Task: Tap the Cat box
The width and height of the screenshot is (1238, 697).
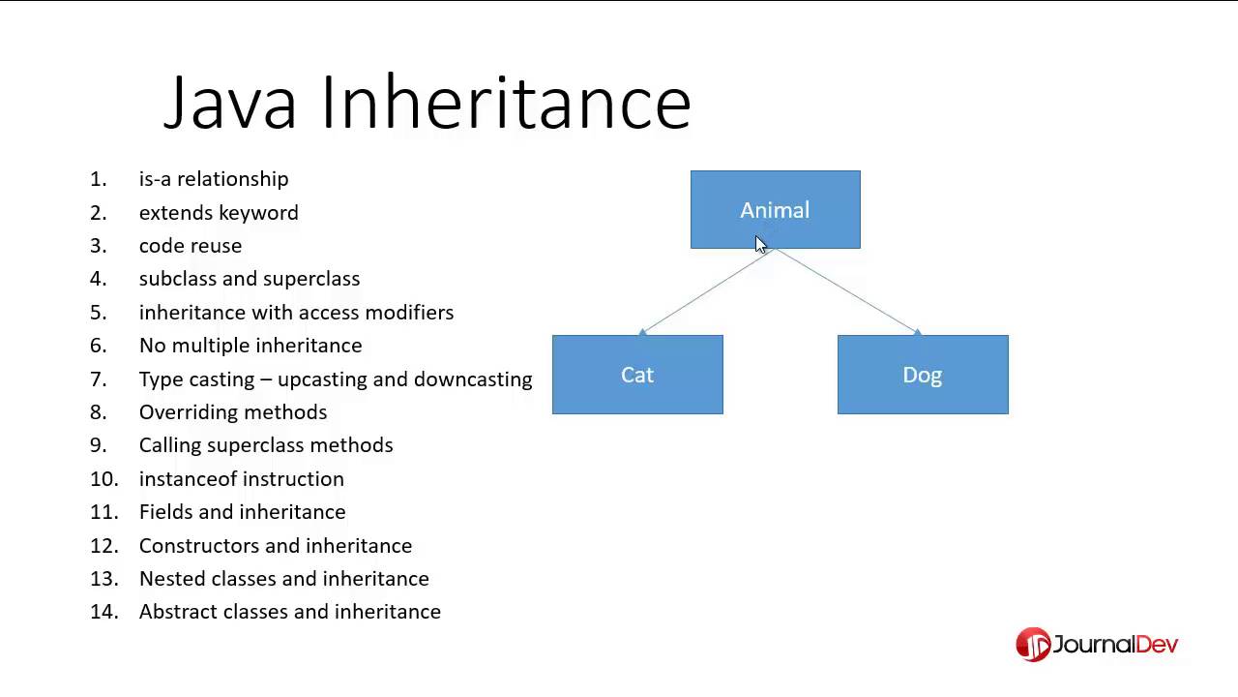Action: [637, 375]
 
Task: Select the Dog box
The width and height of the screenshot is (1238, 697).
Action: [922, 375]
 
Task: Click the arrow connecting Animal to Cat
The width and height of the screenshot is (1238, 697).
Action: [706, 290]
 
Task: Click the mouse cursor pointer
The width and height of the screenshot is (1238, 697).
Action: [760, 244]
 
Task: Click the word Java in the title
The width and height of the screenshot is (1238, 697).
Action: [230, 103]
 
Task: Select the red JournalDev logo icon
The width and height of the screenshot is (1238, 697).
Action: [1033, 645]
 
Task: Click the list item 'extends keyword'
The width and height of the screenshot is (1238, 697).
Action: [219, 213]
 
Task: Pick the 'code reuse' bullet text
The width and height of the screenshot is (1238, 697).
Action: [191, 246]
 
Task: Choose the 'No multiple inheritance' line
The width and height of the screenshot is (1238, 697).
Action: [251, 346]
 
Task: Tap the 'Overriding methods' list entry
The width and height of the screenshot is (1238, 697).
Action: [233, 412]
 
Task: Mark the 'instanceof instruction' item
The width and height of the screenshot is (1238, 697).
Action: [242, 479]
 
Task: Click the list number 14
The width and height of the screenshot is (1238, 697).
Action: [103, 612]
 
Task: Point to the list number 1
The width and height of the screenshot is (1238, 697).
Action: [98, 179]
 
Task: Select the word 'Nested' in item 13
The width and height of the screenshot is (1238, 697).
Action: [167, 579]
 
